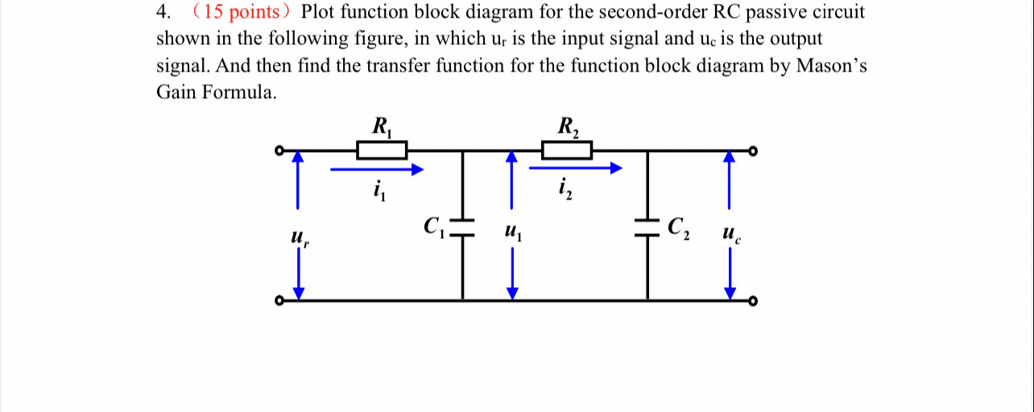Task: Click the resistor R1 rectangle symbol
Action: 382,150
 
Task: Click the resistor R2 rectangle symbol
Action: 567,150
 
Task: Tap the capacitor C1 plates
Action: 463,223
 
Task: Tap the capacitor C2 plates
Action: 647,228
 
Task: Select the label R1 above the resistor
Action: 381,126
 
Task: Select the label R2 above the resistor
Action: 567,126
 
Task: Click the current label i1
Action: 378,192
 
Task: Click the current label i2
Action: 564,192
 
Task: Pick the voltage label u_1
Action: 513,233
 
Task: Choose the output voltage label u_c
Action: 730,234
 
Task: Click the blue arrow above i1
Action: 377,169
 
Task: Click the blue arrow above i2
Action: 575,169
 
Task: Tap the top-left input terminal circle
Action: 279,150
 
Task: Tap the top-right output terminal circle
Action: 753,150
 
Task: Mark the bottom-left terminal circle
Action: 279,301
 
